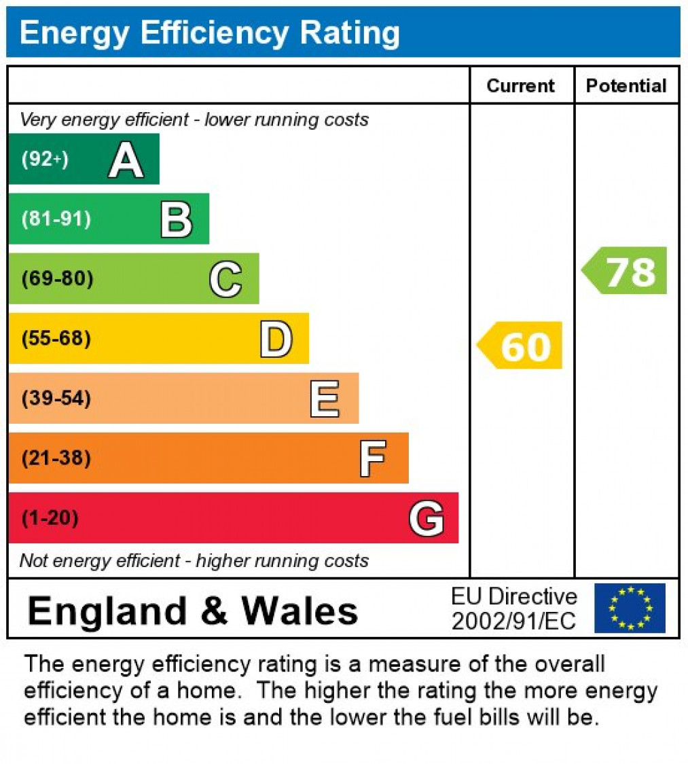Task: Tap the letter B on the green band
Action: [x=176, y=220]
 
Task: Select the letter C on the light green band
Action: [x=225, y=279]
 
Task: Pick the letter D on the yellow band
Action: [x=276, y=339]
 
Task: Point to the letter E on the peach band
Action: [x=325, y=399]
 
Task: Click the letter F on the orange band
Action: [x=373, y=458]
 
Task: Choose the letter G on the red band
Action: [x=427, y=519]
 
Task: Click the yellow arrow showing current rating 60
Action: [x=521, y=346]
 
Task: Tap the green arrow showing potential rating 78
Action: [x=626, y=271]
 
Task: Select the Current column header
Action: [x=521, y=86]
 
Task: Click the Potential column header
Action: [x=626, y=86]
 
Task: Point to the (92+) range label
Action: [x=45, y=160]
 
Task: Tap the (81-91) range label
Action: [x=56, y=219]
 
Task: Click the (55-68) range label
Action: [x=56, y=338]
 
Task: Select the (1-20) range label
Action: [x=50, y=518]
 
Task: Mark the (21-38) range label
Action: [x=56, y=458]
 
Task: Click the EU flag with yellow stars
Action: [x=630, y=608]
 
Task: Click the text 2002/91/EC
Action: [x=513, y=621]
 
